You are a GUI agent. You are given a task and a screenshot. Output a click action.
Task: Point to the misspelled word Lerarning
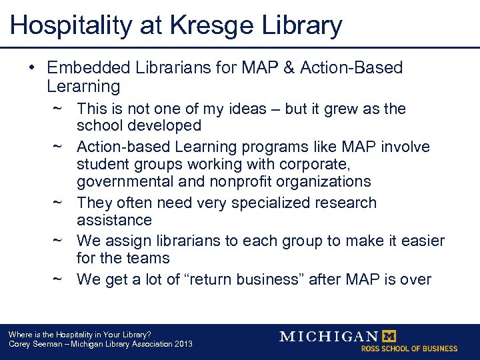(x=83, y=86)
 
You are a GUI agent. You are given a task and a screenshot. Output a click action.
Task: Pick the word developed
(x=168, y=125)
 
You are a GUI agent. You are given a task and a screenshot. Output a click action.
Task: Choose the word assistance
(x=114, y=220)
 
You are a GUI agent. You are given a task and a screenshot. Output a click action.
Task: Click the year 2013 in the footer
(x=183, y=344)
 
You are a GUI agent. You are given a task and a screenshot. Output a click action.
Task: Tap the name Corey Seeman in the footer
(x=33, y=344)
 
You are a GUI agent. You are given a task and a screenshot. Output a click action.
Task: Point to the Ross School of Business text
(x=409, y=348)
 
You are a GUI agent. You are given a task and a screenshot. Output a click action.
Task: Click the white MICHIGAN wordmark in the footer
(x=329, y=336)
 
